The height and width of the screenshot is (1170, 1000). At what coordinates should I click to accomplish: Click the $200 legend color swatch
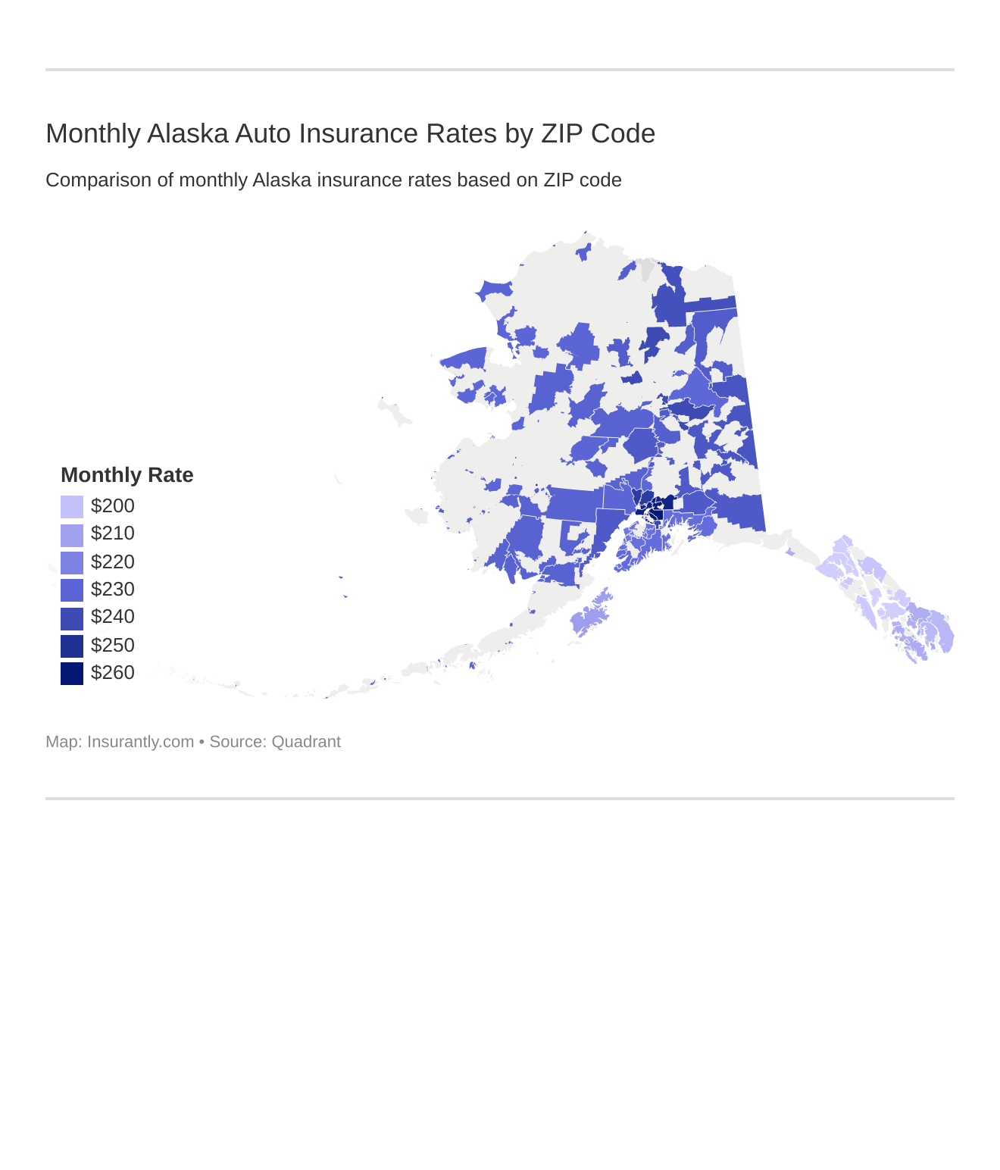coord(72,506)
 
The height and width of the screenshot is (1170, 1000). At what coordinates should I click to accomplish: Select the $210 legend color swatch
coord(72,534)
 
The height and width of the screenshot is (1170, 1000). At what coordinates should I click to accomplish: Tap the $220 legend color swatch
coord(72,562)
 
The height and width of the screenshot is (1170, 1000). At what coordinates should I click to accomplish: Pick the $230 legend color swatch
coord(72,590)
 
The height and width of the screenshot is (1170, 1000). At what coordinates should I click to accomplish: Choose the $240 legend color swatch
coord(72,618)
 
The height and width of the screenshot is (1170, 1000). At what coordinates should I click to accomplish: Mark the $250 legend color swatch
coord(72,646)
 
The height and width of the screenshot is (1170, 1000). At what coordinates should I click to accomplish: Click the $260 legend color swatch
coord(72,673)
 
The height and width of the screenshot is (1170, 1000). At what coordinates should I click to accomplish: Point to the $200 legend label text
coord(112,506)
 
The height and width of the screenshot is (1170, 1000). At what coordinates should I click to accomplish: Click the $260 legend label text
coord(112,673)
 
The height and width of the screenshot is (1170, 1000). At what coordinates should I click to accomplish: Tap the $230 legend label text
coord(112,590)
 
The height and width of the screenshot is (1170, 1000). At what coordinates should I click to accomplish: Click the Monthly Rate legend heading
coord(127,475)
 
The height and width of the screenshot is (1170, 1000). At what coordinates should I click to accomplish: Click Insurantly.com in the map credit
coord(140,742)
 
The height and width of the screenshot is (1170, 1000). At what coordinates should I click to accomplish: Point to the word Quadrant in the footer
coord(306,742)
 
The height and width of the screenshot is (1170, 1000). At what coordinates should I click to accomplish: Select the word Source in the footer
coord(235,742)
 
